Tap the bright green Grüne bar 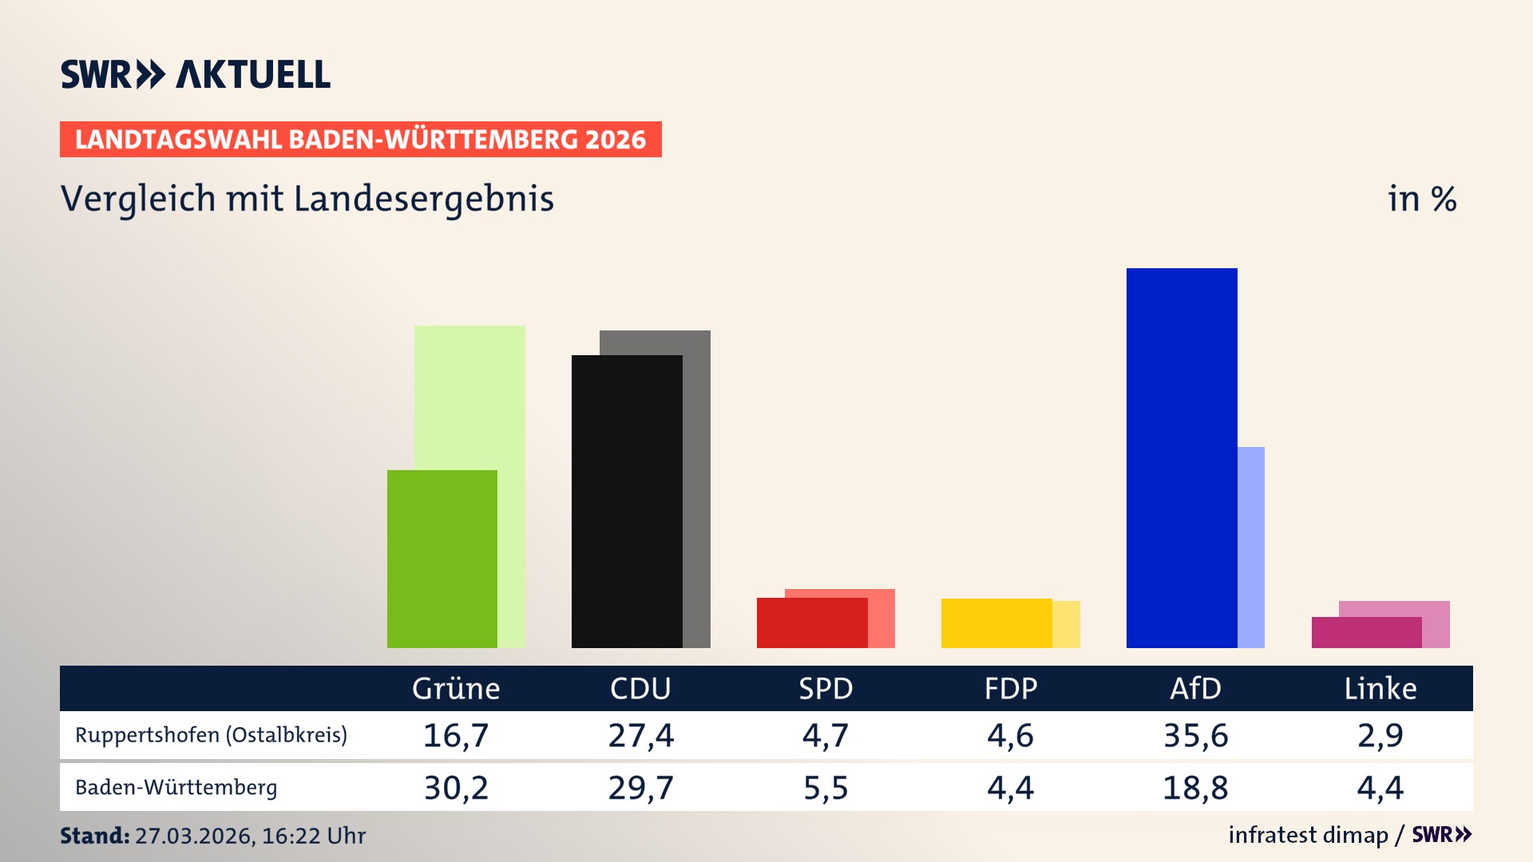point(442,559)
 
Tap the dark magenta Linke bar point(1365,632)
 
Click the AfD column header point(1195,688)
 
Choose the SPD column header point(826,688)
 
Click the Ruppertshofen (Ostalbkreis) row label point(212,734)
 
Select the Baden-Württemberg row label point(176,787)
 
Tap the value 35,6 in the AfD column point(1195,735)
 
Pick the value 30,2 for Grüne point(456,788)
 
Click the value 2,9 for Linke point(1380,735)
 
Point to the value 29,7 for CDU point(640,788)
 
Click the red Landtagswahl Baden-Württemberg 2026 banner point(360,139)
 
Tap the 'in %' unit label point(1421,199)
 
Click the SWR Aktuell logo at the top point(196,74)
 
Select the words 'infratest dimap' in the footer point(1308,835)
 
